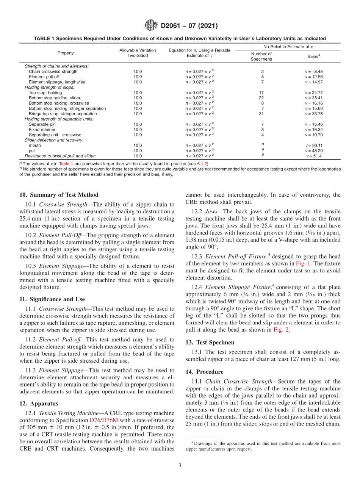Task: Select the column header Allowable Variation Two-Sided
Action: point(138,53)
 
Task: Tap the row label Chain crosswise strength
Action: point(53,71)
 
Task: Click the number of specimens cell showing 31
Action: point(261,114)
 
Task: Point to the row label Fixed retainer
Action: point(42,130)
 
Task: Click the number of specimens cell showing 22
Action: point(261,98)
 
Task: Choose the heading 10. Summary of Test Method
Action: point(59,195)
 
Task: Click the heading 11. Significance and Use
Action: point(52,299)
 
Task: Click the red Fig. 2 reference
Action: point(281,330)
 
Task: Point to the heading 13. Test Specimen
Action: point(210,343)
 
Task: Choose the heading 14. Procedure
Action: point(204,372)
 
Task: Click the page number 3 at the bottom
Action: point(180,466)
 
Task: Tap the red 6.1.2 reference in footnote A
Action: point(203,163)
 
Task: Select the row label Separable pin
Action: point(42,124)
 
